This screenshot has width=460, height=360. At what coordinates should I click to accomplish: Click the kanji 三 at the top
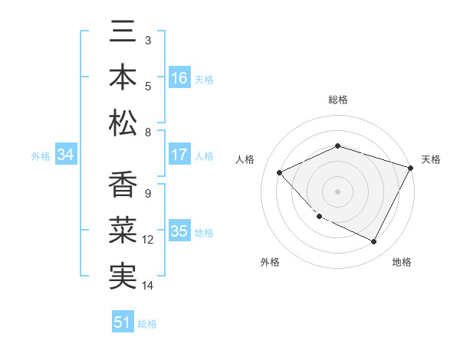[x=123, y=33]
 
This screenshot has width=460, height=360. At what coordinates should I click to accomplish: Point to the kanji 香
[x=123, y=187]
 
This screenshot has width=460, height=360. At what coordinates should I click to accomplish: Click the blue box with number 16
[x=179, y=77]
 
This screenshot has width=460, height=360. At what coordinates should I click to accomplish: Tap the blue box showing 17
[x=179, y=155]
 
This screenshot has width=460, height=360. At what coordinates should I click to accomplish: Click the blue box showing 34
[x=66, y=155]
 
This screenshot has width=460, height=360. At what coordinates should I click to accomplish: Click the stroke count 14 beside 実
[x=149, y=286]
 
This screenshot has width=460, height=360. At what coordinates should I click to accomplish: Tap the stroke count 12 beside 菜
[x=149, y=240]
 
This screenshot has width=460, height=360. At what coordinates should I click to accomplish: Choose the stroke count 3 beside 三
[x=147, y=39]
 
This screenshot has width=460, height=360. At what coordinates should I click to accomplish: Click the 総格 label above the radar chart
[x=337, y=100]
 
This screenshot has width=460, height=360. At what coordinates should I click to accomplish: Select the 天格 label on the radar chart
[x=431, y=159]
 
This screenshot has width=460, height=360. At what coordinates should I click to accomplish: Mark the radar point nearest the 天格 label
[x=411, y=167]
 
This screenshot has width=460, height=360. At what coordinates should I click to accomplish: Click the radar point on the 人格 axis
[x=280, y=172]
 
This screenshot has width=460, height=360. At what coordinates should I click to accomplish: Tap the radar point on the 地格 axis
[x=373, y=241]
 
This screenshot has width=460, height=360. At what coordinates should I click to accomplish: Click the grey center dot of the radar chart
[x=337, y=191]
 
